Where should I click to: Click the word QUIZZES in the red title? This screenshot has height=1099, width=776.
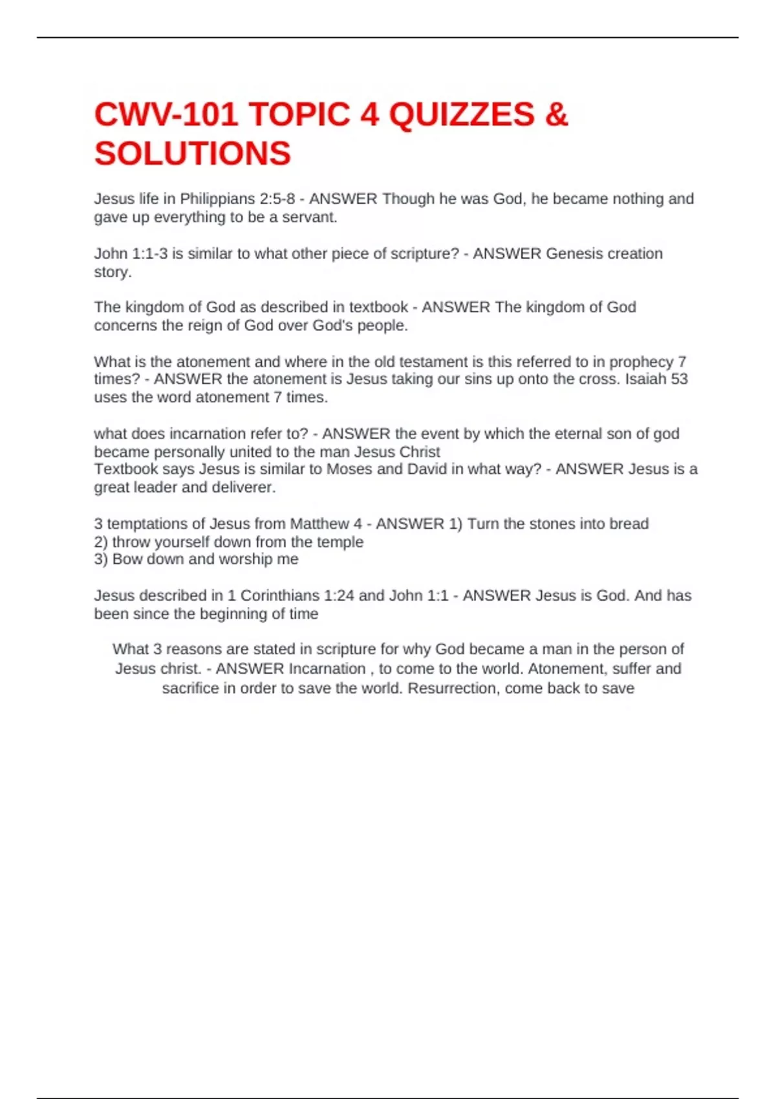462,115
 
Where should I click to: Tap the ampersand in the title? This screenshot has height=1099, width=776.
557,115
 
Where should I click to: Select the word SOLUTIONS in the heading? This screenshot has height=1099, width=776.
193,154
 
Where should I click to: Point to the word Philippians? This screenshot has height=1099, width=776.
217,199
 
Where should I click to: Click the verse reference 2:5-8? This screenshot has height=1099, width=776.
277,199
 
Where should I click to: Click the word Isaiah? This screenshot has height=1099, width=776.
646,379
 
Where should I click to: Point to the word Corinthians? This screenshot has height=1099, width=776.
281,595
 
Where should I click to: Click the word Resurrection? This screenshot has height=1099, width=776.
450,688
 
